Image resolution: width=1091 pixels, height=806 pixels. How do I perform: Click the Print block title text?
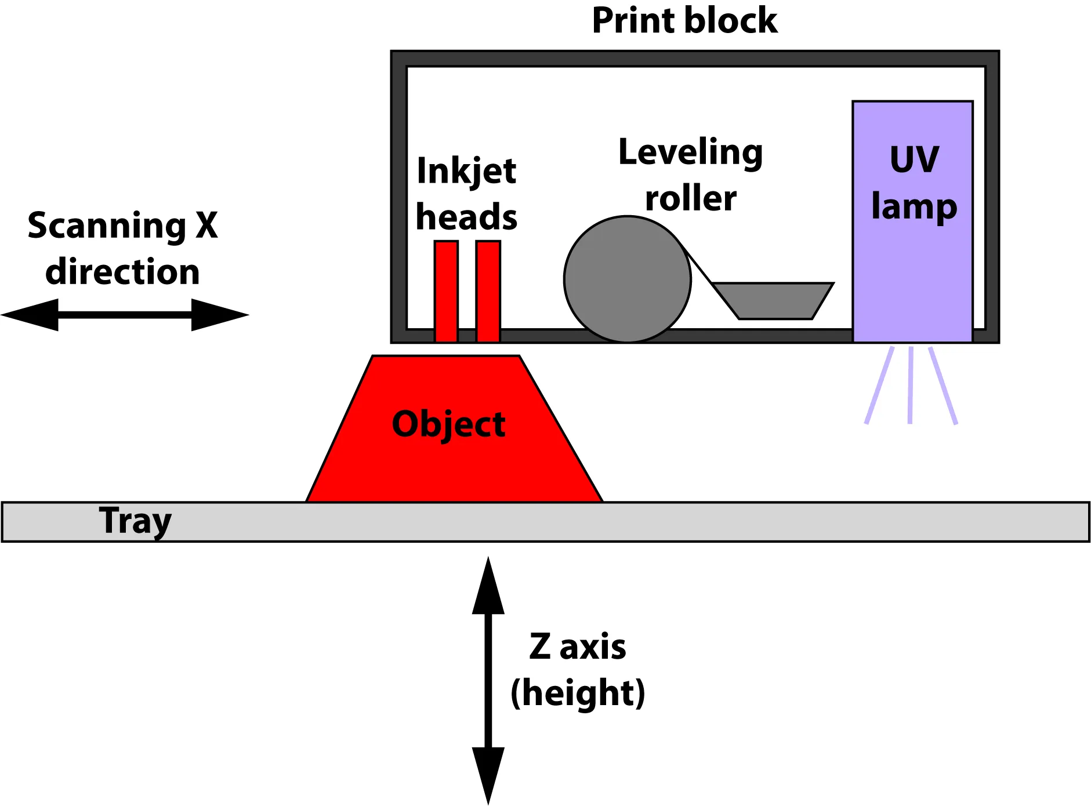pos(684,21)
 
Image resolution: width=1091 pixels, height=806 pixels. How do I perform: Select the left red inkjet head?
pos(446,291)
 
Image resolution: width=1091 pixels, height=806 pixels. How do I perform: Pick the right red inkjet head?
pos(488,291)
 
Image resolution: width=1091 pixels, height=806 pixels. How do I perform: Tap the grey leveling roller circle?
pos(627,279)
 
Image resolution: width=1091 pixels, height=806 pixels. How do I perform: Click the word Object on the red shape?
pos(448,424)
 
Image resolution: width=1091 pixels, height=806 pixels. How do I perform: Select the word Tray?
pos(135,521)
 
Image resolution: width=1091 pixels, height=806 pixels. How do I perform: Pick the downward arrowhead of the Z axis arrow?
pos(488,774)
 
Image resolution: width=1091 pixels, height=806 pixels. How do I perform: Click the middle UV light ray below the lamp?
pos(910,385)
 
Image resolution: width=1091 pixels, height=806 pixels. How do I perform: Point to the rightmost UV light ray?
pos(943,385)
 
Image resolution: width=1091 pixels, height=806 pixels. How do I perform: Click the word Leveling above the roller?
pos(690,153)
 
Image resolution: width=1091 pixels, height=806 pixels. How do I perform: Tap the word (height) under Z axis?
pos(578,693)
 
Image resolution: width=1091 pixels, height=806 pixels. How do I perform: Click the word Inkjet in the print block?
pos(466,172)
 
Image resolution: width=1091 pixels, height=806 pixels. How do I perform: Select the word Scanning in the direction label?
pos(106,226)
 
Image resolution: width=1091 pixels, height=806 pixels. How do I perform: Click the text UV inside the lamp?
pos(914,159)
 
